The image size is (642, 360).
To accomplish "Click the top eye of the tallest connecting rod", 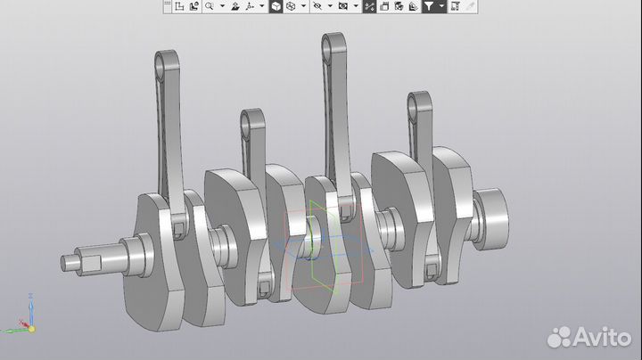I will click(x=333, y=43).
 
